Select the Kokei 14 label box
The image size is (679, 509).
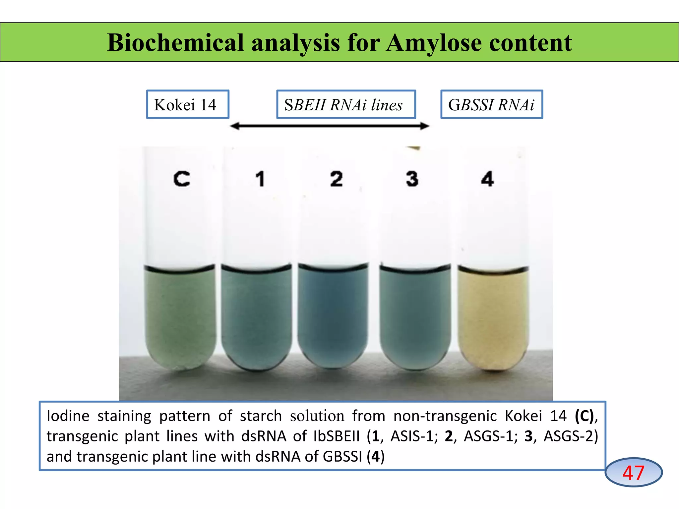[188, 104]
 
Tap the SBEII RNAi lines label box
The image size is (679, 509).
[346, 104]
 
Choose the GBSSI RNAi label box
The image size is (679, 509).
[491, 104]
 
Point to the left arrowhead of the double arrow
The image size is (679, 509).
[235, 126]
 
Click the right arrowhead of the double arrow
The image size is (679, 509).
[425, 126]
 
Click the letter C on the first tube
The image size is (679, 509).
[182, 179]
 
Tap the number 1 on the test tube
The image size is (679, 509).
[260, 179]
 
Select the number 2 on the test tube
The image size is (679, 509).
[336, 179]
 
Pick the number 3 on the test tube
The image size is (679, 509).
[412, 179]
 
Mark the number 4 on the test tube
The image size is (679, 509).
[487, 179]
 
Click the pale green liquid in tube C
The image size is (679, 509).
[180, 315]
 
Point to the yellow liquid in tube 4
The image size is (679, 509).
[493, 315]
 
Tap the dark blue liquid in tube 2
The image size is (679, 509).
[333, 315]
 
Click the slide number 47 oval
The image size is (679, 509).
[633, 473]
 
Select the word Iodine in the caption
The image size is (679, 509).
[68, 416]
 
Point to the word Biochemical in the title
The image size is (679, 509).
[176, 43]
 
